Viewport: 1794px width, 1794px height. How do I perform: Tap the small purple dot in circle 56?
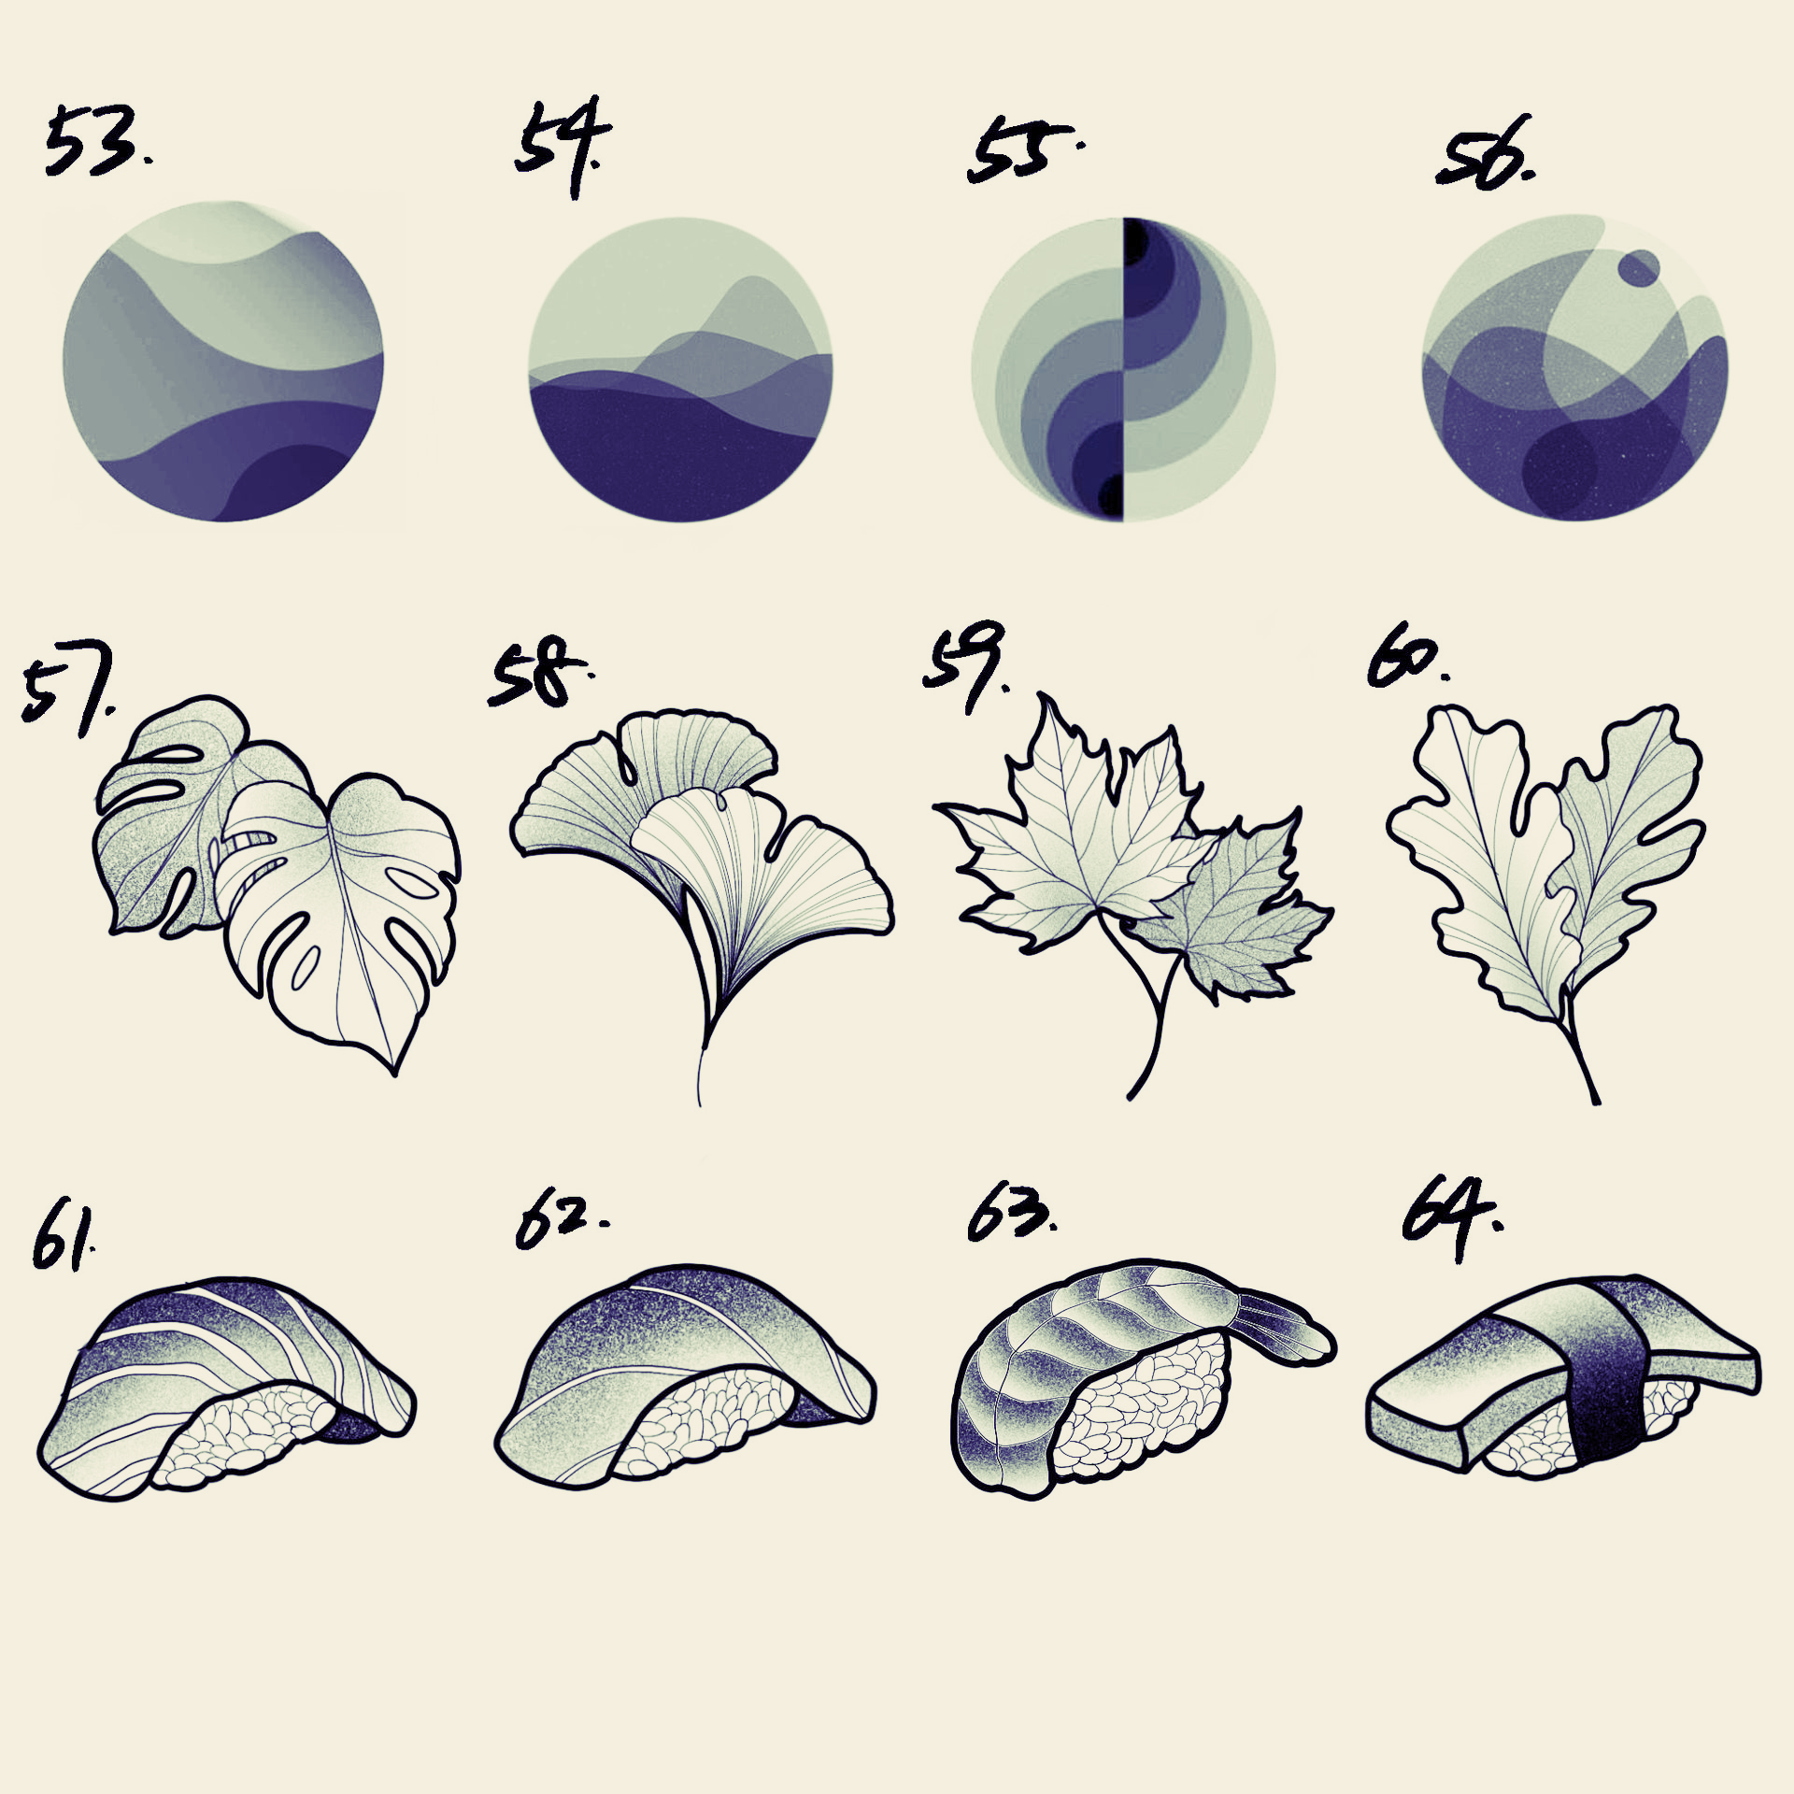tap(1639, 268)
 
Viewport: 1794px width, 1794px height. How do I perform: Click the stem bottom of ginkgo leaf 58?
tap(700, 1103)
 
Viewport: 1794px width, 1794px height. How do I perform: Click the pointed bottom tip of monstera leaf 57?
tap(393, 1074)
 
